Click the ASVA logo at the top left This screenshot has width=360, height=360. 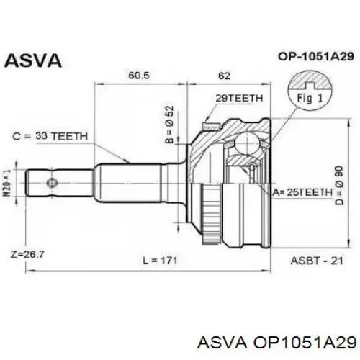[x=33, y=60]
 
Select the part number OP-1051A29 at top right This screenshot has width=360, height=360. [x=316, y=57]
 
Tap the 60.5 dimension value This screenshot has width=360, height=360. [x=139, y=76]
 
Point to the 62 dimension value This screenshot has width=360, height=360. [x=224, y=76]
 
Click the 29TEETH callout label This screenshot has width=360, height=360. [x=239, y=98]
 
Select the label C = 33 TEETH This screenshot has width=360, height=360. [x=50, y=136]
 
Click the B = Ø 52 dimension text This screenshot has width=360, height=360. [x=169, y=125]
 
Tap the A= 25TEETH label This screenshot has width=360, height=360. [x=302, y=192]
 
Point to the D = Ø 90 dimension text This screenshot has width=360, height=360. [x=340, y=185]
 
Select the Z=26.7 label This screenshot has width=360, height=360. [x=27, y=254]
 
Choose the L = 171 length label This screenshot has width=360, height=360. [x=160, y=261]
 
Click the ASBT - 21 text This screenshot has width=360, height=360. [x=317, y=261]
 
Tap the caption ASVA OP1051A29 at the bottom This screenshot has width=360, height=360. [x=276, y=342]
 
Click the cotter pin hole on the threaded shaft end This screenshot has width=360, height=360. [x=52, y=183]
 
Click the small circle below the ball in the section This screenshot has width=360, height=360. [x=252, y=167]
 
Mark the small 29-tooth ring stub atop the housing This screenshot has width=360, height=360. [x=211, y=126]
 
